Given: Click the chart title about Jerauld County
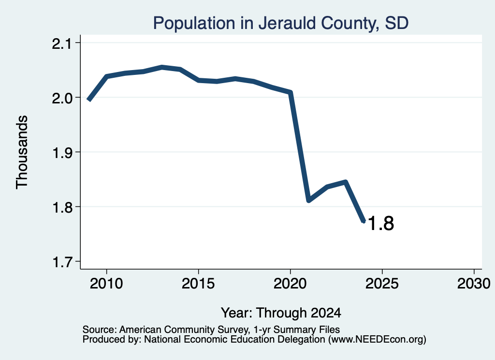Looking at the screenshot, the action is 281,23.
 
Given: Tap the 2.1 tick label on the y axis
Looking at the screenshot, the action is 62,43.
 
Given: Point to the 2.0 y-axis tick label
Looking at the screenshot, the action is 62,98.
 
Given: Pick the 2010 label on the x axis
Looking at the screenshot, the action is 106,283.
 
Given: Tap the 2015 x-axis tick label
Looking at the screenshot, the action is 198,283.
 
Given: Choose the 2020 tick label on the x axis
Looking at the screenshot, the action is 290,283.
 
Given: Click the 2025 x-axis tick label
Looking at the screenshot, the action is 382,283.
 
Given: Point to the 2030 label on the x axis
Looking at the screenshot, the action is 474,283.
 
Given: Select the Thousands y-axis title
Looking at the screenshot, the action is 22,152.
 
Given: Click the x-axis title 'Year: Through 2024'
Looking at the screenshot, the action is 281,313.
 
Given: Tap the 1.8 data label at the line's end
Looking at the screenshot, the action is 381,223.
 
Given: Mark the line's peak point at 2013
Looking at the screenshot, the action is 161,67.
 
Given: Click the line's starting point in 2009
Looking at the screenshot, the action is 89,100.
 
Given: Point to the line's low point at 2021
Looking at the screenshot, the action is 308,201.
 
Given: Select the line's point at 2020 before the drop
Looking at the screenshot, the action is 291,92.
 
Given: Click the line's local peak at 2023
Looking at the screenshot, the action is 345,182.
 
